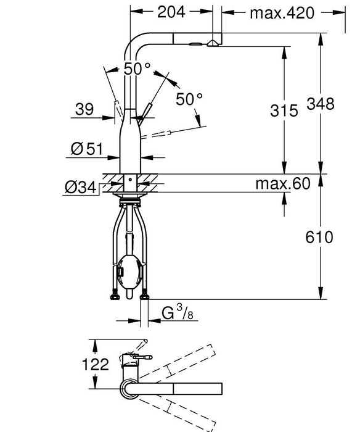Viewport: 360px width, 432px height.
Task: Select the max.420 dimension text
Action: pos(282,12)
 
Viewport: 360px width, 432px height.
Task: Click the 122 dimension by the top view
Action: pos(96,363)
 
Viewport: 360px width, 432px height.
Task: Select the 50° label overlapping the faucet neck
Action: pos(136,69)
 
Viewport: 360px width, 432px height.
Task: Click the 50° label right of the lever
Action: pos(189,98)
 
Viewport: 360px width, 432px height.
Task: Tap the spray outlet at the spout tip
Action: pos(211,43)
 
